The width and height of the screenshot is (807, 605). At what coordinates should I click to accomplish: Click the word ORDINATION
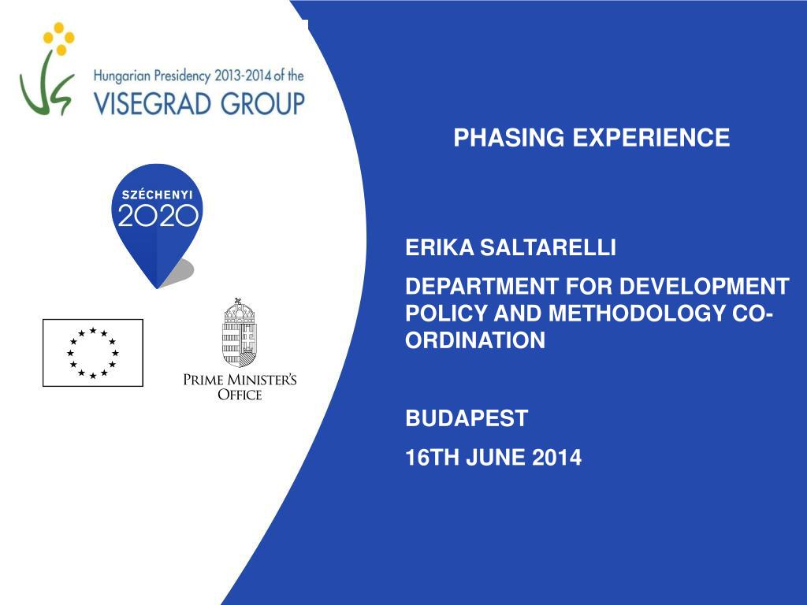474,340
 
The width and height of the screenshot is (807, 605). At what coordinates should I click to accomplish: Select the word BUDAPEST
467,418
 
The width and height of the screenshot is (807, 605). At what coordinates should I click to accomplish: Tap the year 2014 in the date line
558,458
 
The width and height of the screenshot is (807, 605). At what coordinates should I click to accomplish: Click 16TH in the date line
430,458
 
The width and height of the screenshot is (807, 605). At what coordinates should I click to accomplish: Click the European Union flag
93,353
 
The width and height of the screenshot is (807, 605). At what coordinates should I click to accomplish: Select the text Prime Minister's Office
240,387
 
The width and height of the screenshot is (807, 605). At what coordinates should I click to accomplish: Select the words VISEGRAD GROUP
199,102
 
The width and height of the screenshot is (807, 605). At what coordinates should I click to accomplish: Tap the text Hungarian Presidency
152,76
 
